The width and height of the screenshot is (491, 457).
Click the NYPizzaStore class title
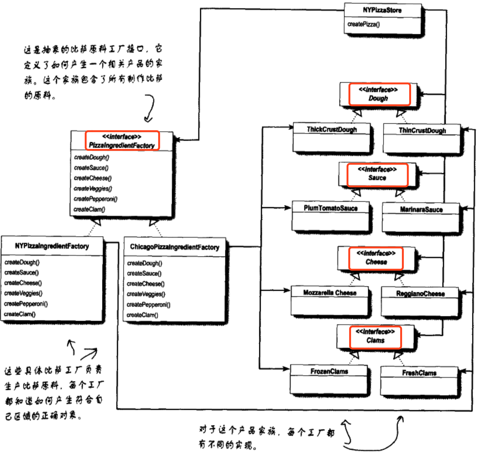pyautogui.click(x=382, y=10)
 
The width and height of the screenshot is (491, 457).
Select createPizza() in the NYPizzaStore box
pyautogui.click(x=363, y=24)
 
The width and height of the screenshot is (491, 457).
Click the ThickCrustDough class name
pyautogui.click(x=332, y=129)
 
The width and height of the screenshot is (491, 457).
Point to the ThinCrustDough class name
pyautogui.click(x=422, y=130)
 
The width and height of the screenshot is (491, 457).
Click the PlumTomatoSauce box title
pyautogui.click(x=330, y=208)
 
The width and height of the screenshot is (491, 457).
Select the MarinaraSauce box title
pyautogui.click(x=421, y=209)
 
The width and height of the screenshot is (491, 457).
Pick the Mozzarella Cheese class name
pyautogui.click(x=330, y=293)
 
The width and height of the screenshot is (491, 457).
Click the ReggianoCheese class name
pyautogui.click(x=420, y=294)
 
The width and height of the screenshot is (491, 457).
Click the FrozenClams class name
pyautogui.click(x=329, y=371)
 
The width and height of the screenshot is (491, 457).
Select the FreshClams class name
pyautogui.click(x=419, y=373)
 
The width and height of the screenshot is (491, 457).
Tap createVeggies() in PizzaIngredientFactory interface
pyautogui.click(x=93, y=189)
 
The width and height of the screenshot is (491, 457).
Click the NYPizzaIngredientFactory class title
pyautogui.click(x=52, y=246)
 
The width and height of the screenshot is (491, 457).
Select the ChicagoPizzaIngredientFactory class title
pyautogui.click(x=175, y=247)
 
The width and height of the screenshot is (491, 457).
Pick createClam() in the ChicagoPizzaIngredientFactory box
pyautogui.click(x=142, y=315)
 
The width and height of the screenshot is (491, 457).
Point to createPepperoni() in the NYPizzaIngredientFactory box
pyautogui.click(x=26, y=304)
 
